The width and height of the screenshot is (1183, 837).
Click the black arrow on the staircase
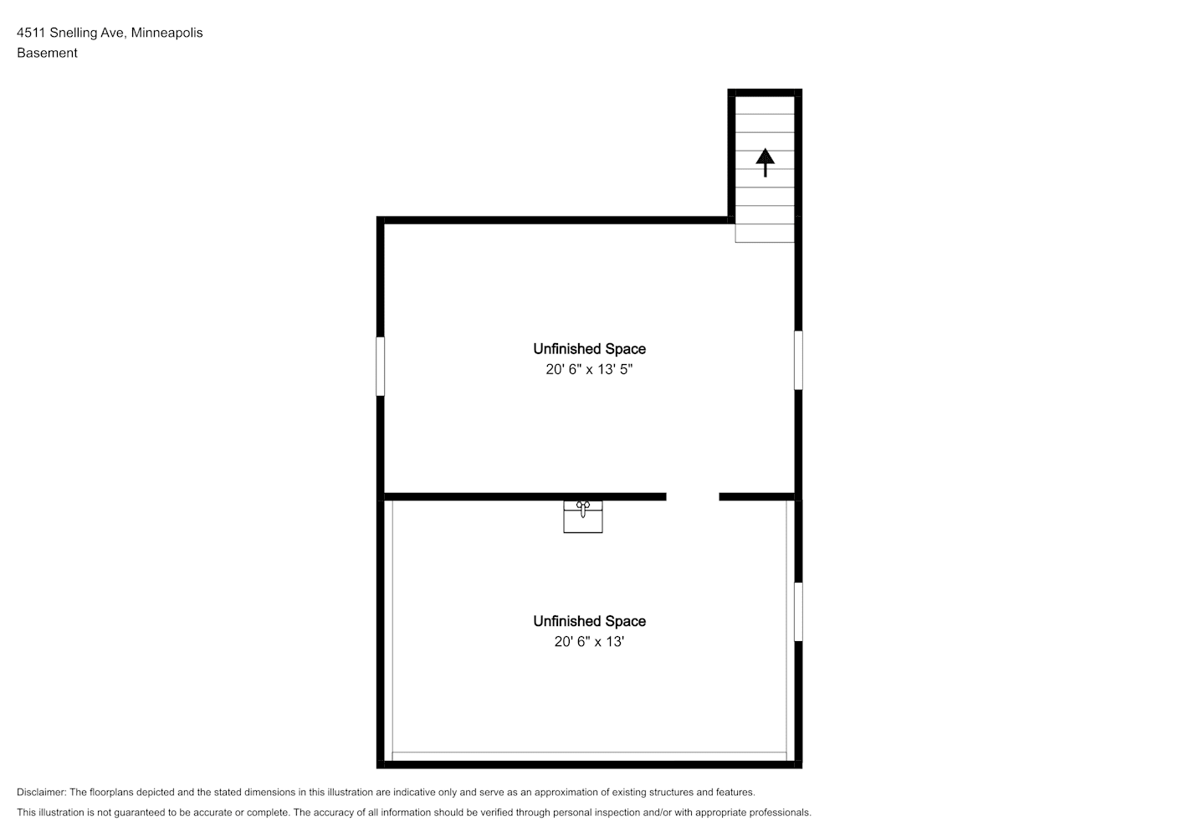[766, 162]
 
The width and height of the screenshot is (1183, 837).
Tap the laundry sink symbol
[583, 516]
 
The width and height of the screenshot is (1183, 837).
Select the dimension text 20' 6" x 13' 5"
[589, 369]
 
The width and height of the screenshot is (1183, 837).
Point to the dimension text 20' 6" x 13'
[589, 641]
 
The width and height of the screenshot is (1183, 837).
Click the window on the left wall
[380, 367]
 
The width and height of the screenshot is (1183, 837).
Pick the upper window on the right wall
[798, 361]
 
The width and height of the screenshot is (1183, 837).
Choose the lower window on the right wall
[798, 612]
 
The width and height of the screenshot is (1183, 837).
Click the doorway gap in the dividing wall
[693, 496]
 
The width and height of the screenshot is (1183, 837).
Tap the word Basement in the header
[47, 53]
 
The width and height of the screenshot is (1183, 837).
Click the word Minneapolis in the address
[166, 33]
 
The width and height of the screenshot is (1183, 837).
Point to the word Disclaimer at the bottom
[42, 792]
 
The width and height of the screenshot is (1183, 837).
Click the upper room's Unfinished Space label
[589, 349]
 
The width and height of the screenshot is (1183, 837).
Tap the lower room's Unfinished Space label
[589, 621]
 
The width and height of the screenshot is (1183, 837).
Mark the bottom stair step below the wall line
[765, 233]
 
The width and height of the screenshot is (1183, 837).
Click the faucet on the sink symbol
[583, 508]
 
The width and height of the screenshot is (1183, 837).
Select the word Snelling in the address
[73, 33]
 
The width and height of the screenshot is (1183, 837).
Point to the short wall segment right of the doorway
[757, 496]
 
